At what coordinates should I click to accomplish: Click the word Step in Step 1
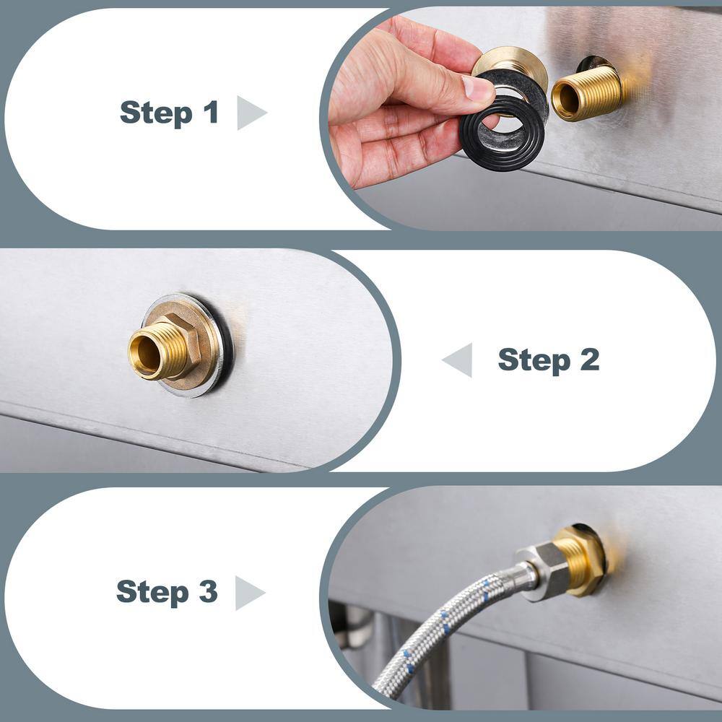click(156, 113)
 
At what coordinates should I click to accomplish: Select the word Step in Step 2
click(534, 360)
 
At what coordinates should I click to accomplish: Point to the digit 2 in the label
click(590, 359)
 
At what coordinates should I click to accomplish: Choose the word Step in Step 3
click(152, 593)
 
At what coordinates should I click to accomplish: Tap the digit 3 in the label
click(208, 591)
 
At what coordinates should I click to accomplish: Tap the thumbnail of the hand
click(477, 88)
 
